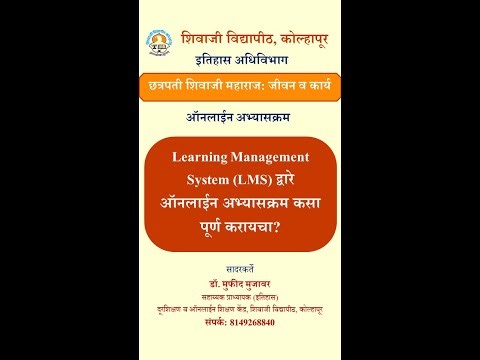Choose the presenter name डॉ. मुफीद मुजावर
[x=240, y=285]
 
